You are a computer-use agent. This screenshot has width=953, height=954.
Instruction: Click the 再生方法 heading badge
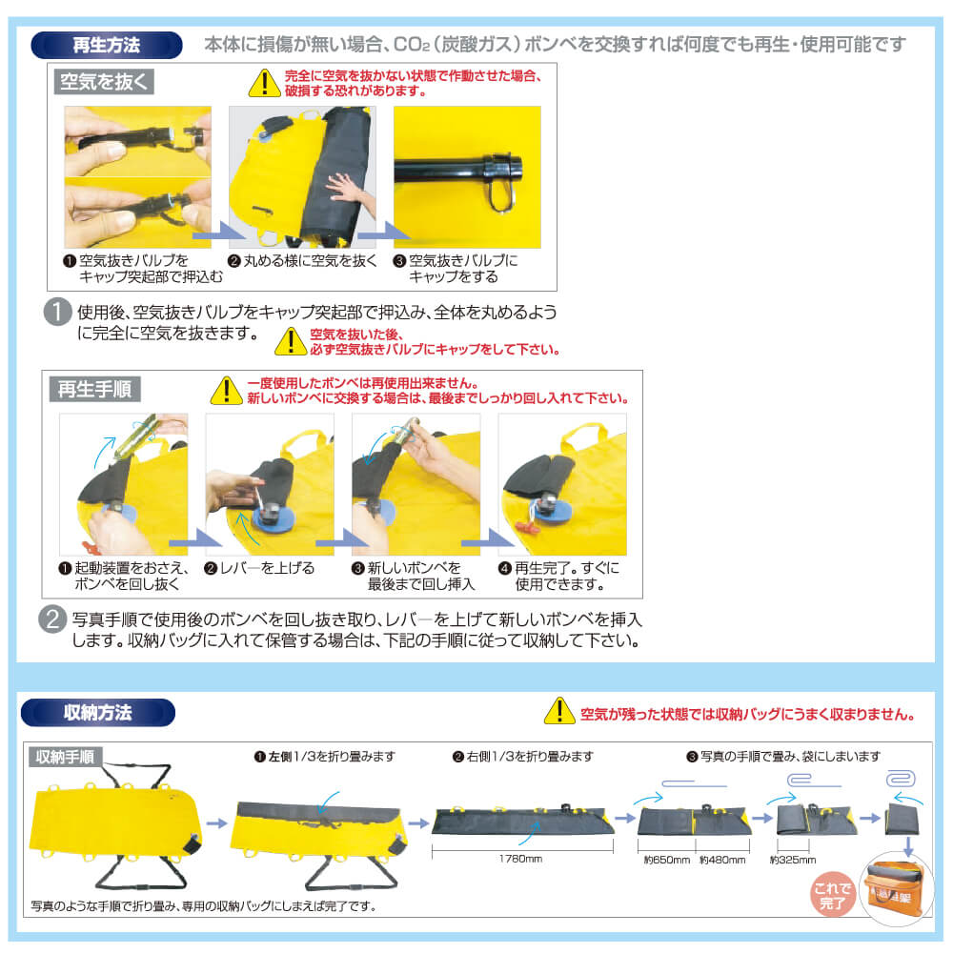107,45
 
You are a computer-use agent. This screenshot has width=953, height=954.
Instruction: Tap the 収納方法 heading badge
98,713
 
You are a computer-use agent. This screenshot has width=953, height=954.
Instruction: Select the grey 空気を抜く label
104,82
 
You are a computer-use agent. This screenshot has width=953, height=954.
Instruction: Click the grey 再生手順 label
95,389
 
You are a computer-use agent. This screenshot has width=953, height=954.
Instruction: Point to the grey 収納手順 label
65,757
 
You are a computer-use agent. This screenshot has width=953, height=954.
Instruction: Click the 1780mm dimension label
521,859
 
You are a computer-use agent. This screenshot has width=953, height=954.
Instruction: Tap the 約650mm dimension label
667,860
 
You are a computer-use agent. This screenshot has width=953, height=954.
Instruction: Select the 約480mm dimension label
722,860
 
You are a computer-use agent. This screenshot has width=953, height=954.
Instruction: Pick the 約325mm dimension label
793,860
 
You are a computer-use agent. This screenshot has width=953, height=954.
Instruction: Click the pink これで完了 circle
833,895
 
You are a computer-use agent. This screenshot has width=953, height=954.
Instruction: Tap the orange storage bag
895,892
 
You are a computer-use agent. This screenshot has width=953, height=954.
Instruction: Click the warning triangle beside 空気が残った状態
559,711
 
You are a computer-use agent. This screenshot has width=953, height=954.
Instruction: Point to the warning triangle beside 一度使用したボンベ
227,391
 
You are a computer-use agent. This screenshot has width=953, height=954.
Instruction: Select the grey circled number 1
58,312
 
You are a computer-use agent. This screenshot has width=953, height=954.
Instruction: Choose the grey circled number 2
52,619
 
